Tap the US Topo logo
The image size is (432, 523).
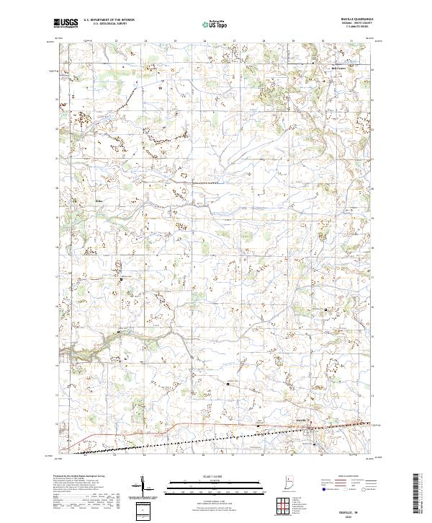(x=211, y=24)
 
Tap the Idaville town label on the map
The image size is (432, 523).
(x=302, y=418)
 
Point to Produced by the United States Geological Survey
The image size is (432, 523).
(x=75, y=477)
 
